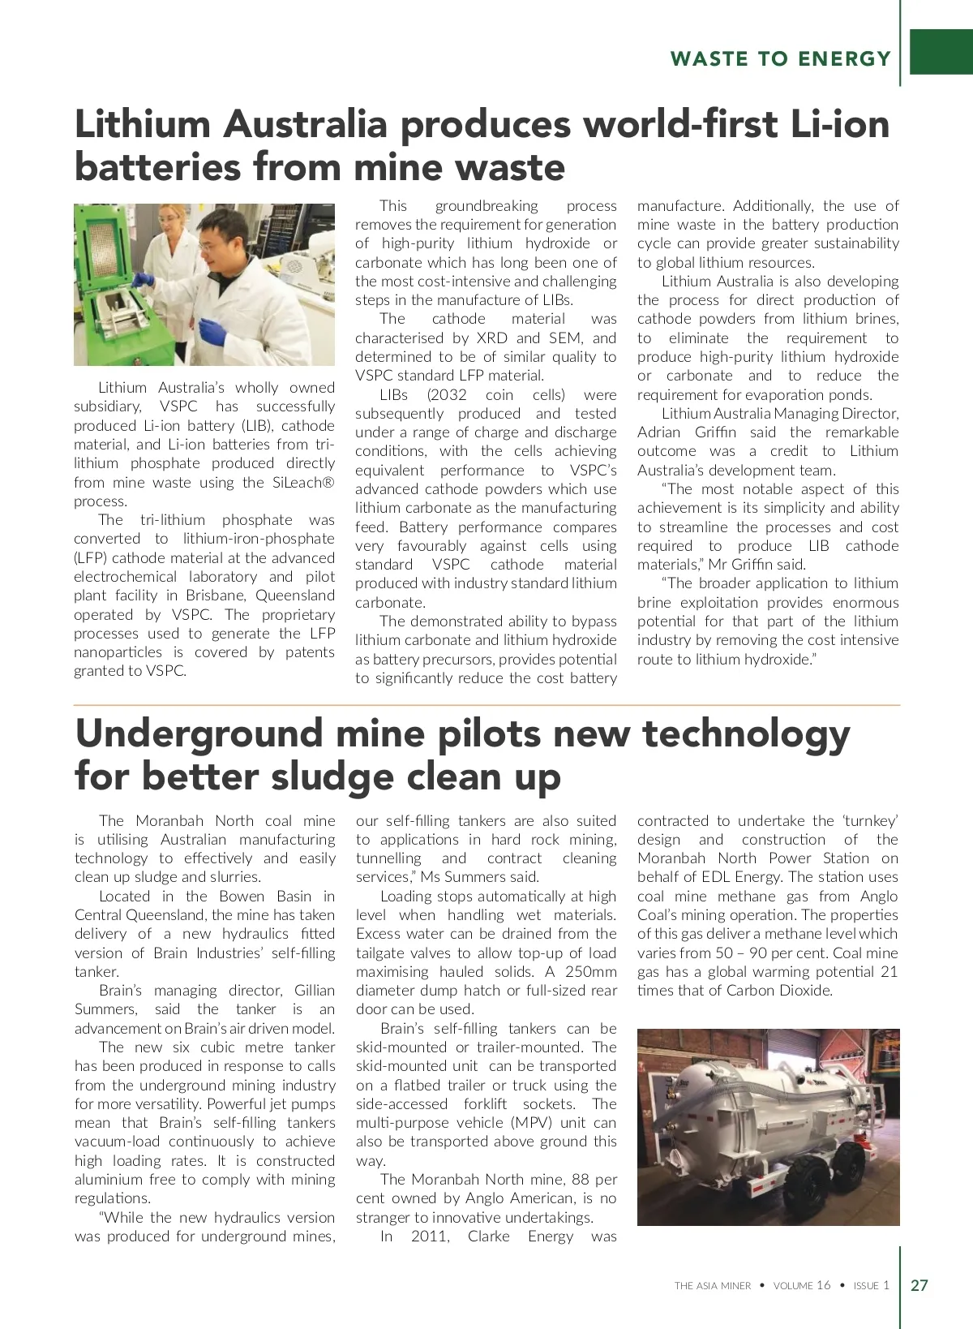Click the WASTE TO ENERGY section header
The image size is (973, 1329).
780,59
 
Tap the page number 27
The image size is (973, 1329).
919,1285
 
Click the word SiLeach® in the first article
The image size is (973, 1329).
303,483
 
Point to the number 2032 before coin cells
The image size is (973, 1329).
447,395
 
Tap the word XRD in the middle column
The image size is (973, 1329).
492,338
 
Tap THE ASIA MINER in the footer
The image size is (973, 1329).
713,1286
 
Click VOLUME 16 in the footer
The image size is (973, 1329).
802,1286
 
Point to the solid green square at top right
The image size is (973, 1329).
941,53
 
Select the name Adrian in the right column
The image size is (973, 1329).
661,432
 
